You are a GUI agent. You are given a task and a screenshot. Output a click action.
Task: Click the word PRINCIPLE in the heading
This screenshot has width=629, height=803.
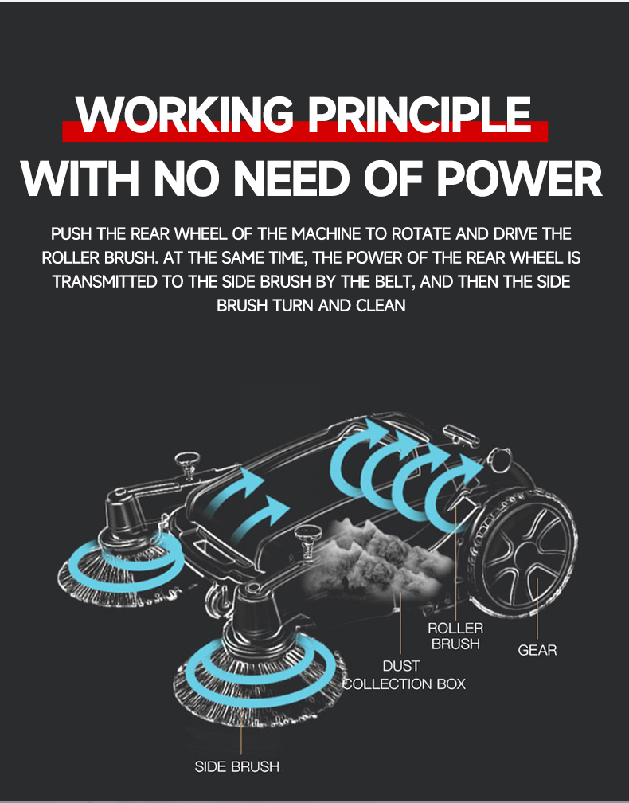pos(420,115)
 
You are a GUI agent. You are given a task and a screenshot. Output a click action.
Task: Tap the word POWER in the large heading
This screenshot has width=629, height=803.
pos(522,178)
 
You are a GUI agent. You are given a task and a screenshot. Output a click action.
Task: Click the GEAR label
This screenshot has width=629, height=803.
pos(537,650)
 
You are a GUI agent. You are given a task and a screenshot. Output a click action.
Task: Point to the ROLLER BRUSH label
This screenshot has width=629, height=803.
pos(455,636)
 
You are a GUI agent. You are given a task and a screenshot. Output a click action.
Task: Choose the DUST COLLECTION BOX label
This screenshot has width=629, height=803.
pos(404,675)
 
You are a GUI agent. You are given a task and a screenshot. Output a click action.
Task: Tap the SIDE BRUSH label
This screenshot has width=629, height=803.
pos(237,766)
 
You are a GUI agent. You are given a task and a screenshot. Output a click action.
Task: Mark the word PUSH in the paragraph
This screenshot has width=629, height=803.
pos(72,234)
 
